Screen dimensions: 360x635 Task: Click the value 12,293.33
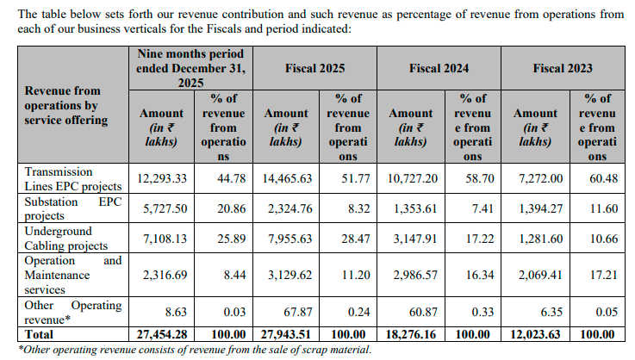coord(161,178)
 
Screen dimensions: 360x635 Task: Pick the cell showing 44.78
coord(222,178)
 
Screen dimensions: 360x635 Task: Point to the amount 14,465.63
coord(285,178)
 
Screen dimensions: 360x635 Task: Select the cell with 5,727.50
coord(161,208)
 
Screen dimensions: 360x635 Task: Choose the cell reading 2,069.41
coord(534,274)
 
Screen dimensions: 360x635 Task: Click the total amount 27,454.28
coord(161,334)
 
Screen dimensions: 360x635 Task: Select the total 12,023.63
coord(534,334)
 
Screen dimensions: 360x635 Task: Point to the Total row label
coord(39,334)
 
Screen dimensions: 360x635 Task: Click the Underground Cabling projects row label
coord(66,239)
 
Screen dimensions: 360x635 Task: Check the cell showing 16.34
coord(472,274)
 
